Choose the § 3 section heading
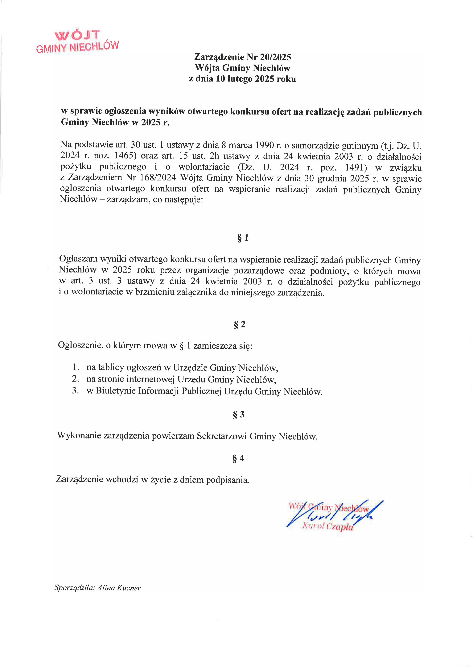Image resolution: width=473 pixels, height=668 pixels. [x=239, y=415]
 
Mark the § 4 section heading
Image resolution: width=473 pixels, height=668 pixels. [x=238, y=458]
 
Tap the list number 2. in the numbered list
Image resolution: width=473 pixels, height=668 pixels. [x=76, y=379]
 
